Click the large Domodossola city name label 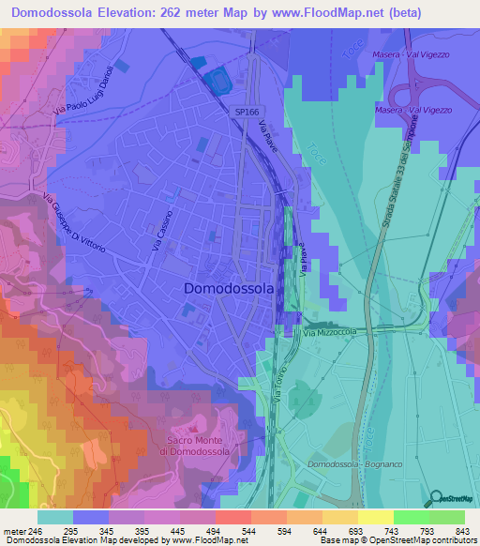tap(229, 289)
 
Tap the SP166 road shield tap(246, 112)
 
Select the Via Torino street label tap(278, 387)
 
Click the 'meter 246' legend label tap(21, 530)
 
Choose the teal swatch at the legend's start tap(55, 517)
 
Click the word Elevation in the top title tap(134, 13)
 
